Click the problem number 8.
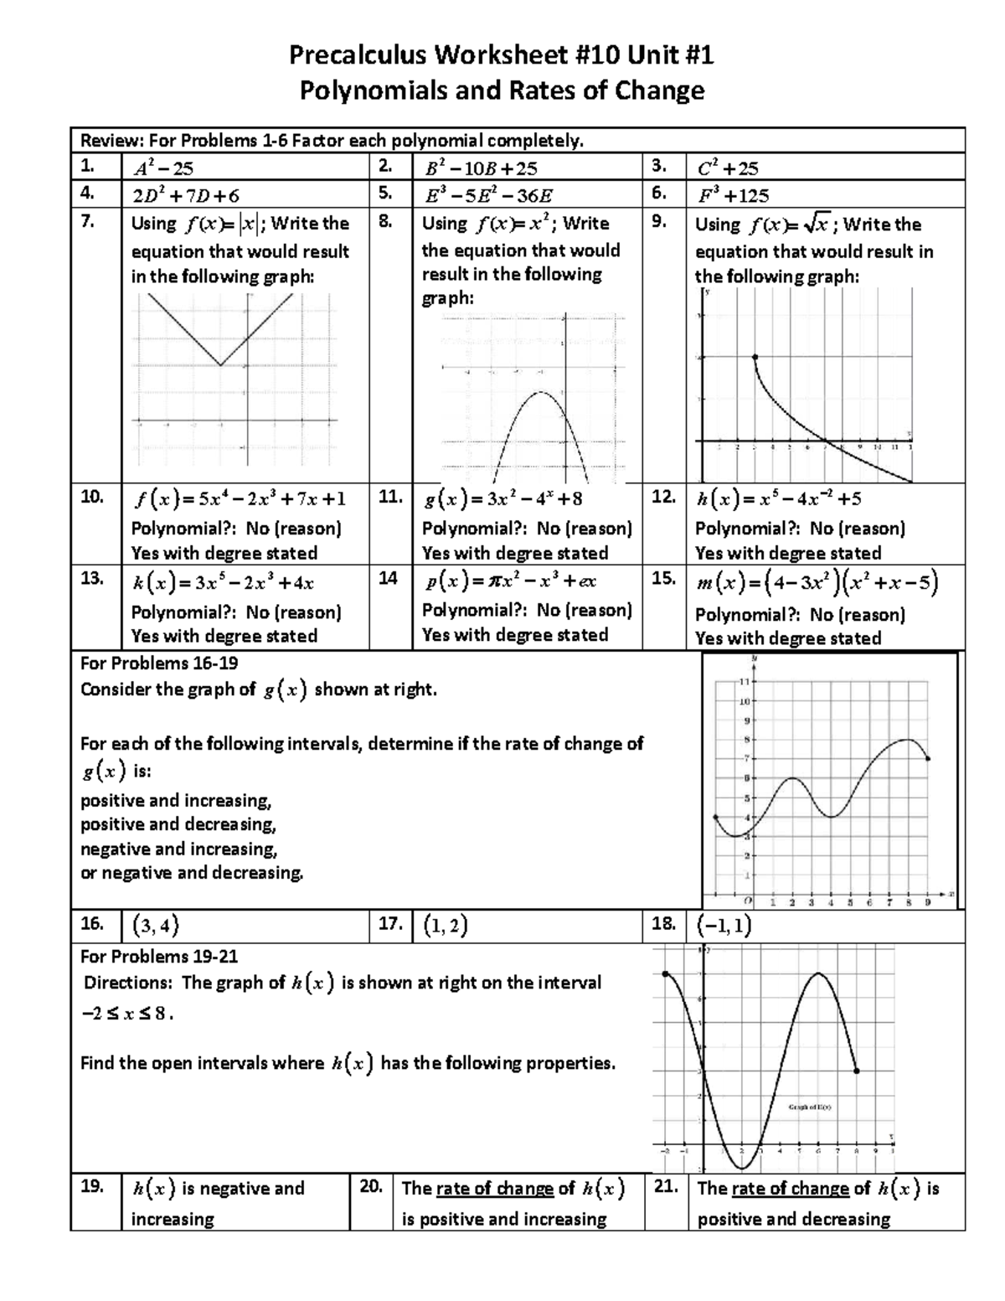385,222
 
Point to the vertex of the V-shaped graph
220,365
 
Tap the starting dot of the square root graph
755,358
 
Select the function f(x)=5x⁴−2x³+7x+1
239,498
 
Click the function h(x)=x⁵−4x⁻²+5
778,498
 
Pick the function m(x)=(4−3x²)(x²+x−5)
817,582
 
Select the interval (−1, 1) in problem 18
724,925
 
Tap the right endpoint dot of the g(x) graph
927,759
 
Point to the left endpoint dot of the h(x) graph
665,973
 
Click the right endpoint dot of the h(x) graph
856,1071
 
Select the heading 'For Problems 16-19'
159,663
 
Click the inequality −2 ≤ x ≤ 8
126,1012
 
